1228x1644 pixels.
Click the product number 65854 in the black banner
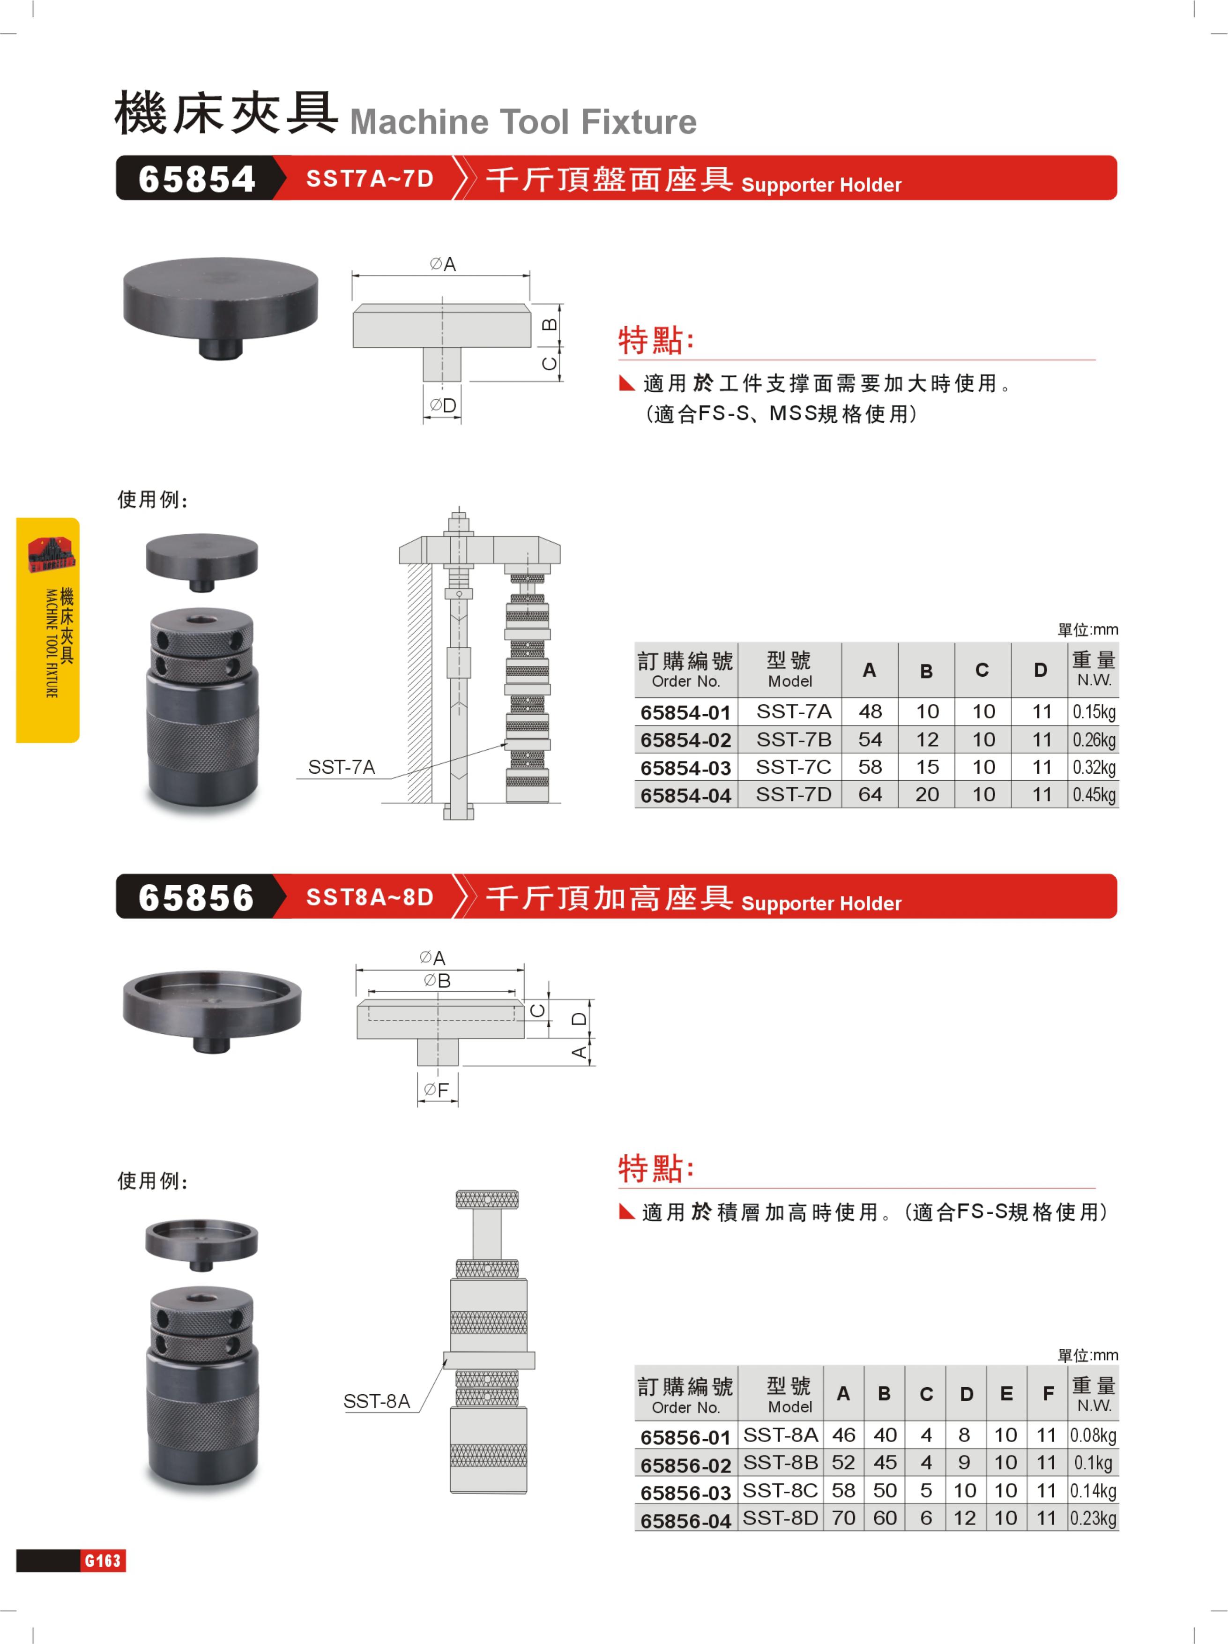[x=196, y=179]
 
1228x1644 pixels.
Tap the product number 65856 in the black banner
[x=196, y=897]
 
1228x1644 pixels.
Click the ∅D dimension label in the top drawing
[x=443, y=405]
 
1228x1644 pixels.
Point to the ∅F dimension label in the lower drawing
[x=436, y=1090]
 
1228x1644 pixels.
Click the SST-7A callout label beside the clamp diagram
[x=341, y=767]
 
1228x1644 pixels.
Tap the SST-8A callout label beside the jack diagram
[x=377, y=1401]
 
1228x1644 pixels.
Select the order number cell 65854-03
[x=686, y=768]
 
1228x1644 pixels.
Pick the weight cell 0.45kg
[x=1094, y=795]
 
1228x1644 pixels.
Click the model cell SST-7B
[x=793, y=740]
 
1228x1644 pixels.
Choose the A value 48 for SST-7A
[x=870, y=712]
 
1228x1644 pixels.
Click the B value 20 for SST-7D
[x=926, y=794]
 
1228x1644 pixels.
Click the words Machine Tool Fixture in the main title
[x=523, y=122]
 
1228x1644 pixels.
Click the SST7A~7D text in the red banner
[x=369, y=179]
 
